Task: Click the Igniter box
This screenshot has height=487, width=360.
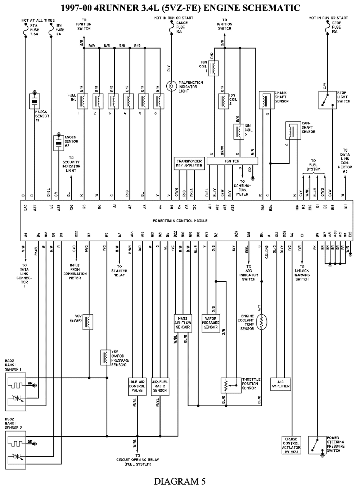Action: tap(232, 161)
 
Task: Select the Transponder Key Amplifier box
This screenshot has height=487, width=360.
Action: tap(189, 163)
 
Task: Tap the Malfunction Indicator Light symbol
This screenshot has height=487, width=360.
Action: tap(171, 86)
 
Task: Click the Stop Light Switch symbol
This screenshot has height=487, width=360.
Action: tap(327, 100)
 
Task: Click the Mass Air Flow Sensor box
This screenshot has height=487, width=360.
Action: tap(183, 323)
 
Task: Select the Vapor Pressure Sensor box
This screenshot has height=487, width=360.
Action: tap(211, 323)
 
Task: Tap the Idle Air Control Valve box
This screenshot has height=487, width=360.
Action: tap(137, 386)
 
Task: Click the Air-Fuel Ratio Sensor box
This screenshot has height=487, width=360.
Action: tap(160, 386)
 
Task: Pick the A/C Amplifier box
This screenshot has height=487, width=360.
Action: tap(280, 384)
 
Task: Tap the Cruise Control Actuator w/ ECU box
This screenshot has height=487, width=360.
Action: tap(291, 445)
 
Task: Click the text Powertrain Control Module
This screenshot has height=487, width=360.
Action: tap(180, 220)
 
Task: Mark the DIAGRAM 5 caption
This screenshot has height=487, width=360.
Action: tap(180, 481)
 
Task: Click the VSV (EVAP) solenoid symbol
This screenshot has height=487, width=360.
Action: tap(88, 322)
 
